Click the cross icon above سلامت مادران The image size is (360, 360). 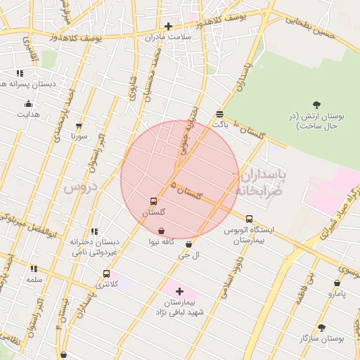167,26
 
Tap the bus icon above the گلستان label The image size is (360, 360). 153,201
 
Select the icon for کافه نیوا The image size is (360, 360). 162,231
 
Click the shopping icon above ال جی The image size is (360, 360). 188,245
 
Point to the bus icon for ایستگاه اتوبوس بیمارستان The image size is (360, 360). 249,219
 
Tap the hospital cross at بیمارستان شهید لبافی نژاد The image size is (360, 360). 179,291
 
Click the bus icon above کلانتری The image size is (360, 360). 106,274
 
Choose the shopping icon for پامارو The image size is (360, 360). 337,283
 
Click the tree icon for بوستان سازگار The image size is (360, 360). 321,327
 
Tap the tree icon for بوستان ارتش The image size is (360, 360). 316,105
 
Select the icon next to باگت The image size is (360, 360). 220,114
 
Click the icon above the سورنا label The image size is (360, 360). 79,126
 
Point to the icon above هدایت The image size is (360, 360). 28,103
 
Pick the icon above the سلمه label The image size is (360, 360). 34,269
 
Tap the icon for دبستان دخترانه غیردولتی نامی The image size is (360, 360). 94,231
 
